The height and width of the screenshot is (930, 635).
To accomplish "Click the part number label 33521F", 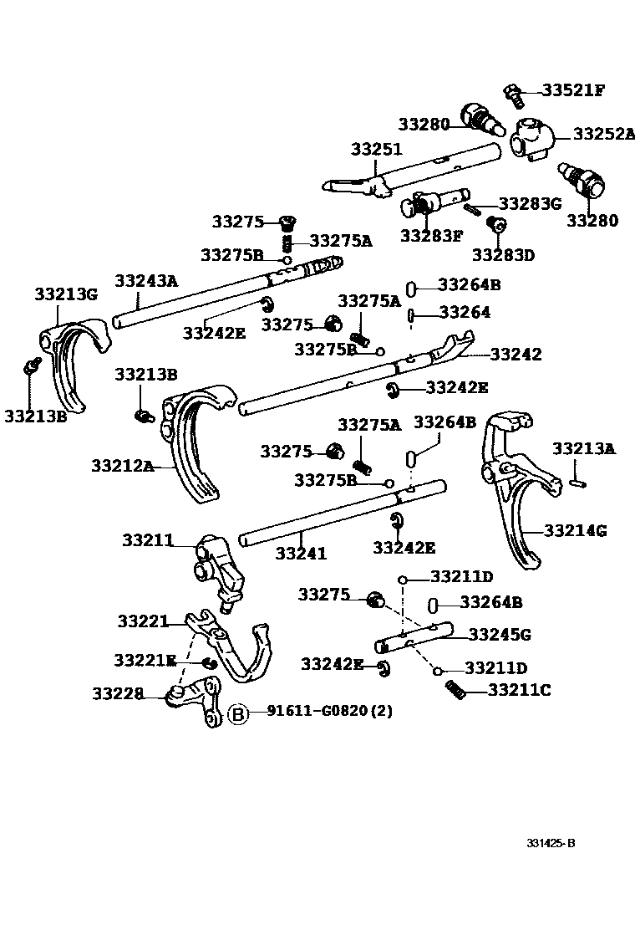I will [573, 89].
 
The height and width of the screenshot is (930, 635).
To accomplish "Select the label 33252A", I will [604, 133].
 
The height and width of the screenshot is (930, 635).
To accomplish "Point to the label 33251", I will [376, 150].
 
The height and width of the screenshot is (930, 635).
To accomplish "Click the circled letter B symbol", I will [238, 713].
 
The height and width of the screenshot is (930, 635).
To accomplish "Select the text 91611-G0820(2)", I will [329, 711].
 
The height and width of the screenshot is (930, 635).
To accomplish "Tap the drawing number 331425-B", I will [551, 842].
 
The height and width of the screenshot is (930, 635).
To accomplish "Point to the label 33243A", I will [146, 281].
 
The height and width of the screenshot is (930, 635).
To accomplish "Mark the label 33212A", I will [123, 466].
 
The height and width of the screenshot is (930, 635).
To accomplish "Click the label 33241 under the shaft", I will [301, 553].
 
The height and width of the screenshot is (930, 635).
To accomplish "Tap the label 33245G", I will [500, 635].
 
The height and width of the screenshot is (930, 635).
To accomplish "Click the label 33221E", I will [146, 661].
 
